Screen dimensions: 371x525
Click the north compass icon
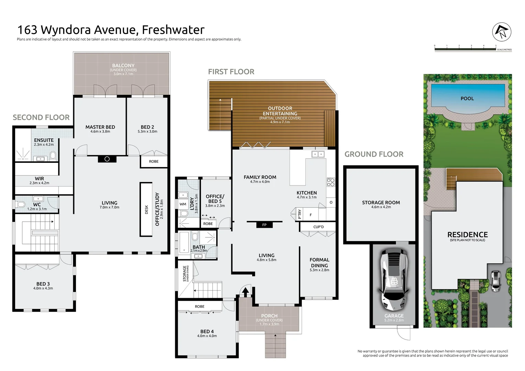tap(502, 32)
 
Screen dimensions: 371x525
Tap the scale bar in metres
tap(465, 49)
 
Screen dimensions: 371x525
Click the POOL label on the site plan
tap(467, 99)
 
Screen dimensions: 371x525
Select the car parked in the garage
tap(394, 280)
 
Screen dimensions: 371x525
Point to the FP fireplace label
tap(264, 225)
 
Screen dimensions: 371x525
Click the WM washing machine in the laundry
tap(183, 204)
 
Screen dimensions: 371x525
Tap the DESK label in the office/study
tap(146, 210)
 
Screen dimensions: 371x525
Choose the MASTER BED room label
tap(100, 127)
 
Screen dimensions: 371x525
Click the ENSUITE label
tap(44, 140)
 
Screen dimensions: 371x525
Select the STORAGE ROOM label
tap(381, 203)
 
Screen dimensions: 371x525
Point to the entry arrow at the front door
tap(245, 291)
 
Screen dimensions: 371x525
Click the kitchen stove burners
tap(331, 182)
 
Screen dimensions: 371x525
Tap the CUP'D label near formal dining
tap(319, 227)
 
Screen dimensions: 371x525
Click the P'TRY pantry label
tap(300, 214)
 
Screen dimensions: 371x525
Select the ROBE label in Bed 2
tap(154, 161)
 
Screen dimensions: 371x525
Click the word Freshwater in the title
tap(173, 30)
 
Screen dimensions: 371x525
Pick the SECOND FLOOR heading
tap(41, 117)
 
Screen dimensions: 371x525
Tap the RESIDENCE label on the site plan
tap(467, 235)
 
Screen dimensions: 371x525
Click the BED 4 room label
tap(207, 331)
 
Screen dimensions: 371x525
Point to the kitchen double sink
tap(318, 154)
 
